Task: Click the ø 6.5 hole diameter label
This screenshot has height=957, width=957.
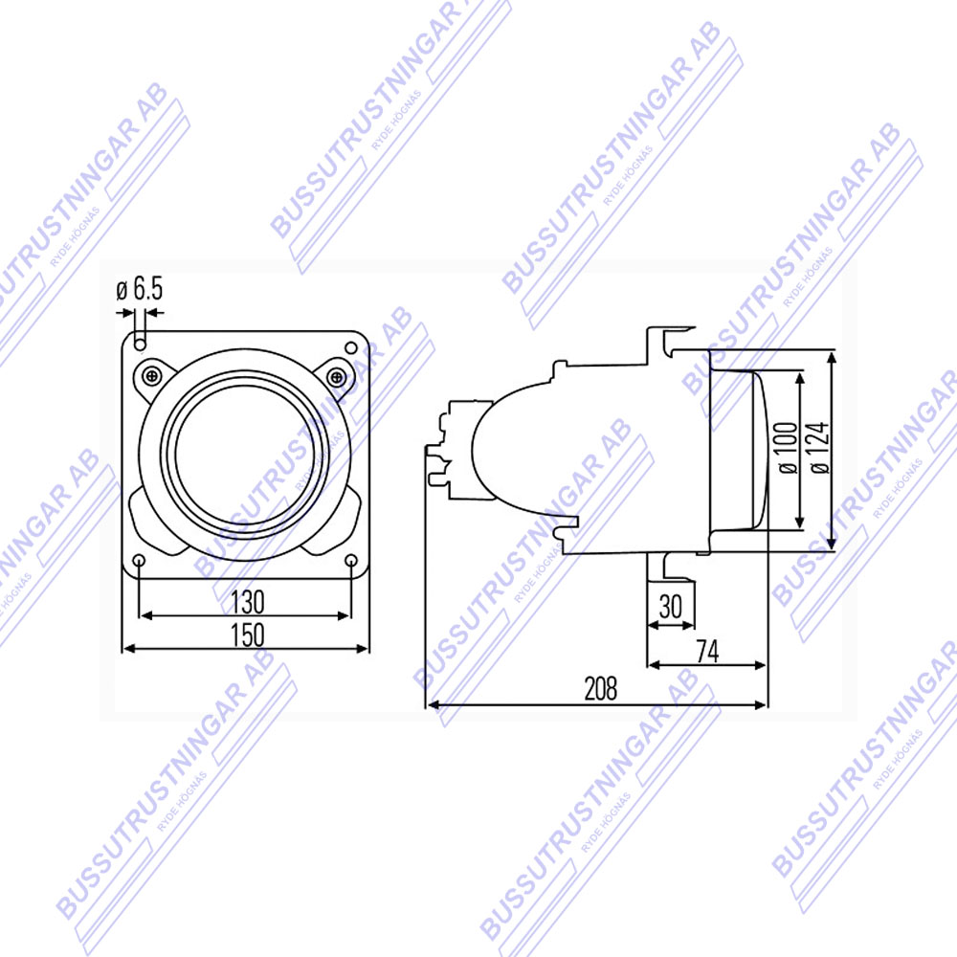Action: (x=140, y=289)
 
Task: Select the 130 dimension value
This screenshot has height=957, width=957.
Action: (x=248, y=602)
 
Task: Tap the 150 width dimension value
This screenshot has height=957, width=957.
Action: (x=248, y=634)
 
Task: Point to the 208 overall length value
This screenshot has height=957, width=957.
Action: (x=601, y=688)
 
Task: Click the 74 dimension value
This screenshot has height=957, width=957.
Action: (x=707, y=651)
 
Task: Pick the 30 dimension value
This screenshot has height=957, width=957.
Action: (x=671, y=606)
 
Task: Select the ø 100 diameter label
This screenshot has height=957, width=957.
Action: (x=789, y=447)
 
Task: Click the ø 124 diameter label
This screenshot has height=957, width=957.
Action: (x=820, y=447)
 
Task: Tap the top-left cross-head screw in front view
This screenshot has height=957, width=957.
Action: (x=151, y=376)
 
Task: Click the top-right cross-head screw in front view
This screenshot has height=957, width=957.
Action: (x=337, y=376)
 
